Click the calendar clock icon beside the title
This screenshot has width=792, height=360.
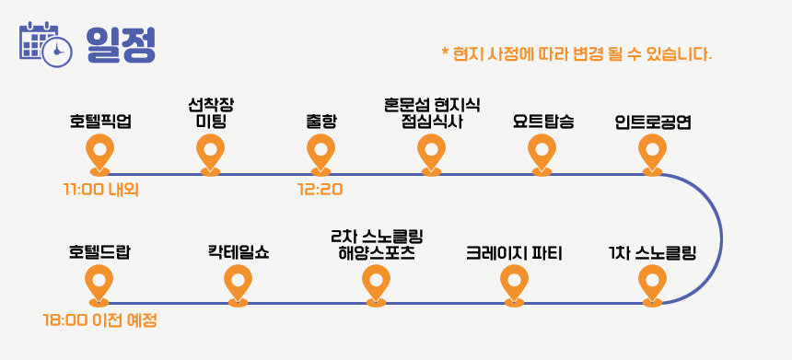(45, 44)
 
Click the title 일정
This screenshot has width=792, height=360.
(121, 44)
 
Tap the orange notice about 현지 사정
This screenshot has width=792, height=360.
(577, 53)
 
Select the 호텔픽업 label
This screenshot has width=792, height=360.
(100, 122)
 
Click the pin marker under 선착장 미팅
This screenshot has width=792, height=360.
(211, 155)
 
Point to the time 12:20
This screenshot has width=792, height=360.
(320, 190)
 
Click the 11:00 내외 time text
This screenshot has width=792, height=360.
(101, 190)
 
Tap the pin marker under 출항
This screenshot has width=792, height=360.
(320, 155)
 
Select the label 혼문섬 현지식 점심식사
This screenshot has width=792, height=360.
(431, 113)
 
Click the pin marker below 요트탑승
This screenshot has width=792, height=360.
(542, 155)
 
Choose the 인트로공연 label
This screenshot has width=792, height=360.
(653, 122)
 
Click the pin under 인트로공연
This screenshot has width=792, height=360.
(652, 155)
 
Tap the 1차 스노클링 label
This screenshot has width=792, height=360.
(653, 252)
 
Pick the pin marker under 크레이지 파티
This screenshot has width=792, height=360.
(514, 285)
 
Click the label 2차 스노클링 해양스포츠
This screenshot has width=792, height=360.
(377, 244)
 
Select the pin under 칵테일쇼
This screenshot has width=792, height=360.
(238, 285)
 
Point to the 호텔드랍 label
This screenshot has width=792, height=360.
(99, 252)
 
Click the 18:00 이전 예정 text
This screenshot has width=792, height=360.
(99, 320)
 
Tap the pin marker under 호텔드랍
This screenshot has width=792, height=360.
(99, 285)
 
